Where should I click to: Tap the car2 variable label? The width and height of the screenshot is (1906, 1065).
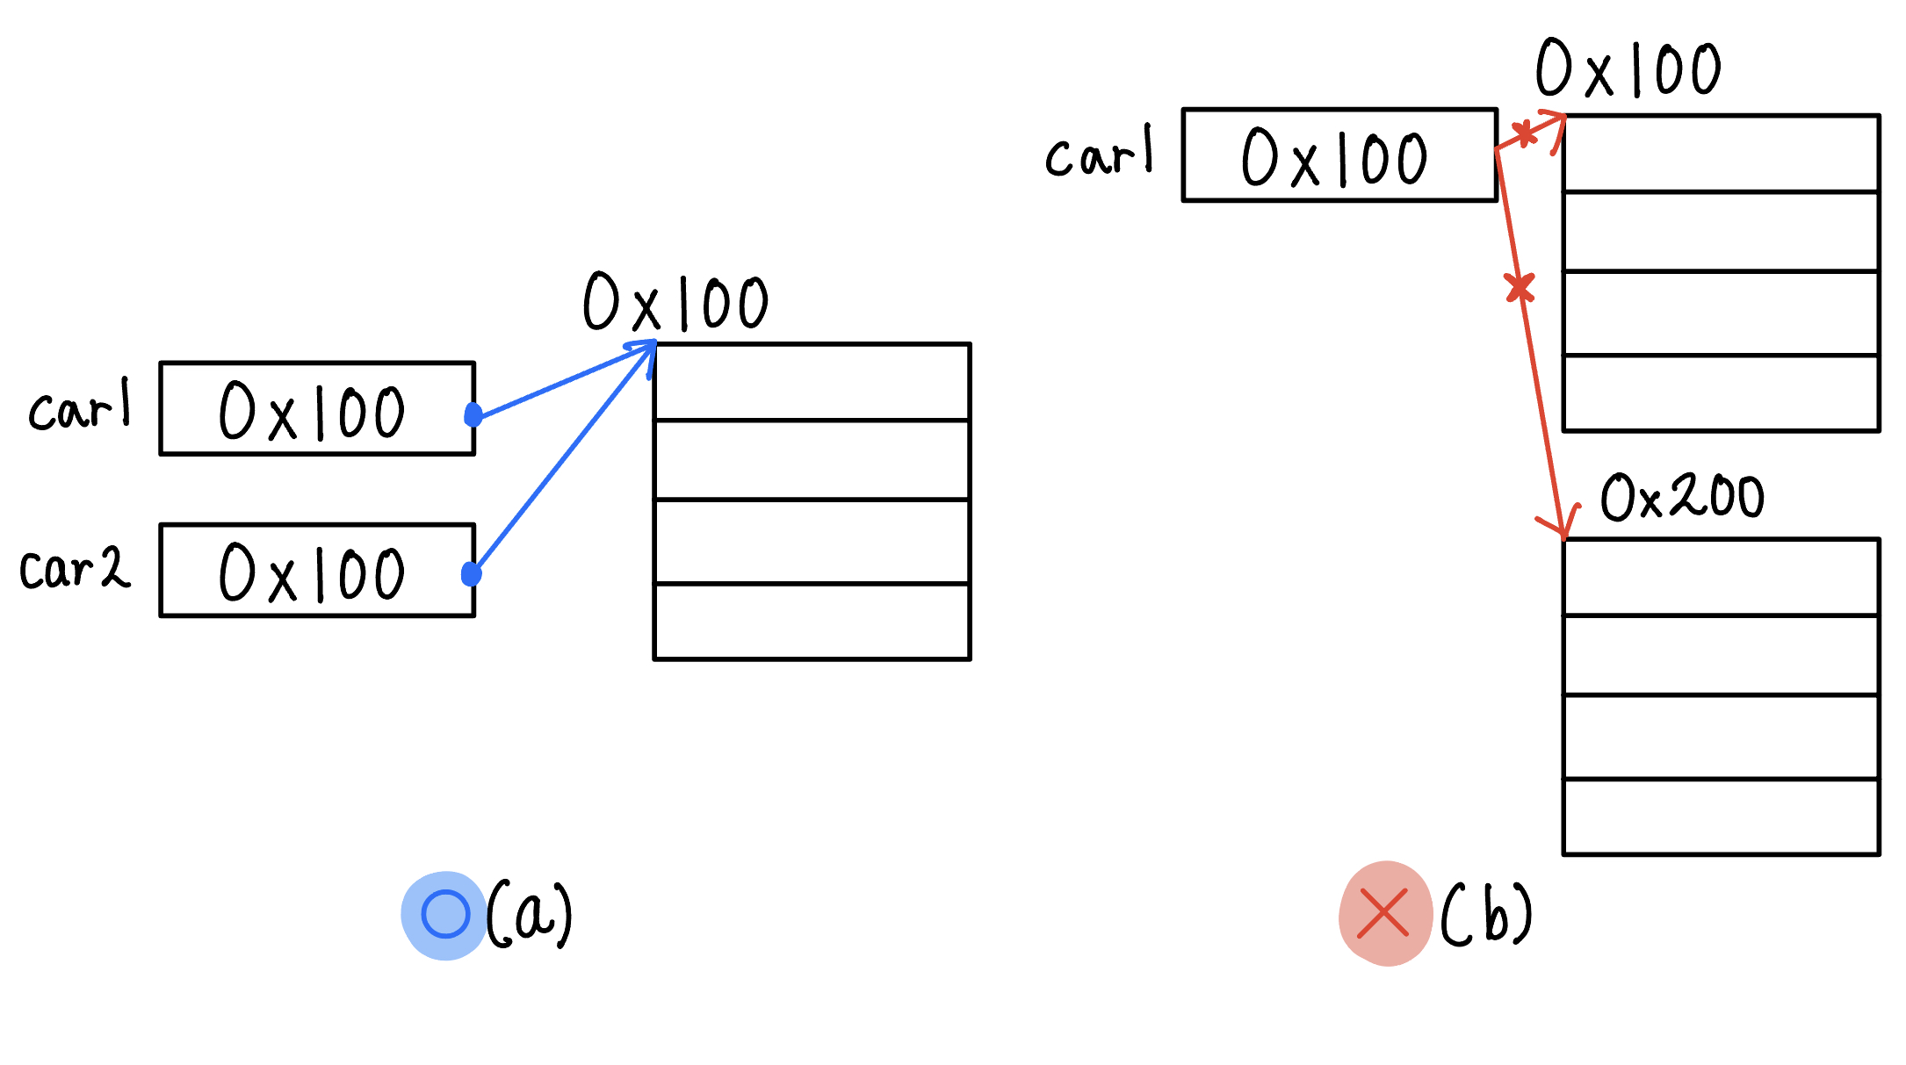coord(75,568)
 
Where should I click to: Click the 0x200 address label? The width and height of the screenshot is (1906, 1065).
coord(1681,497)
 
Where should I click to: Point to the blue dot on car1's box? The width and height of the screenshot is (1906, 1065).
coord(473,414)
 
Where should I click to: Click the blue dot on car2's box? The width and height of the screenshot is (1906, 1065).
coord(472,574)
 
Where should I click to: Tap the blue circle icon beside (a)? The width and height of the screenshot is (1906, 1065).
coord(445,915)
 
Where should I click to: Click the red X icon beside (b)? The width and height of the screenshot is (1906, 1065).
coord(1384,914)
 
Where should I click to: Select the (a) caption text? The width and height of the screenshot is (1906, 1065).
coord(530,914)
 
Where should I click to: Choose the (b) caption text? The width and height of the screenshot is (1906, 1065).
coord(1487,914)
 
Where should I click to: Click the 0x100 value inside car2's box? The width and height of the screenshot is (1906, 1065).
coord(312,572)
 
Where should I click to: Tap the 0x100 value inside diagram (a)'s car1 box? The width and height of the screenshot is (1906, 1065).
coord(312,411)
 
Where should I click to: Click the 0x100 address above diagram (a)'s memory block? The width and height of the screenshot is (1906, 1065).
coord(675,302)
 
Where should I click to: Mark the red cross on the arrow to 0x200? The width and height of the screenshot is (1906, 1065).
coord(1520,287)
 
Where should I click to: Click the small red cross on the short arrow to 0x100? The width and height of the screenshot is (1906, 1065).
coord(1526,133)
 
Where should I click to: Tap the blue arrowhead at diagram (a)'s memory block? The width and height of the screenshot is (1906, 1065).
coord(648,349)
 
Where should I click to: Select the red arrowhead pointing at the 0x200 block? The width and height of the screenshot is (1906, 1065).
coord(1562,526)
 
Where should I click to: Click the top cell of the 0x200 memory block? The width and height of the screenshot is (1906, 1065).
coord(1721,578)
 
